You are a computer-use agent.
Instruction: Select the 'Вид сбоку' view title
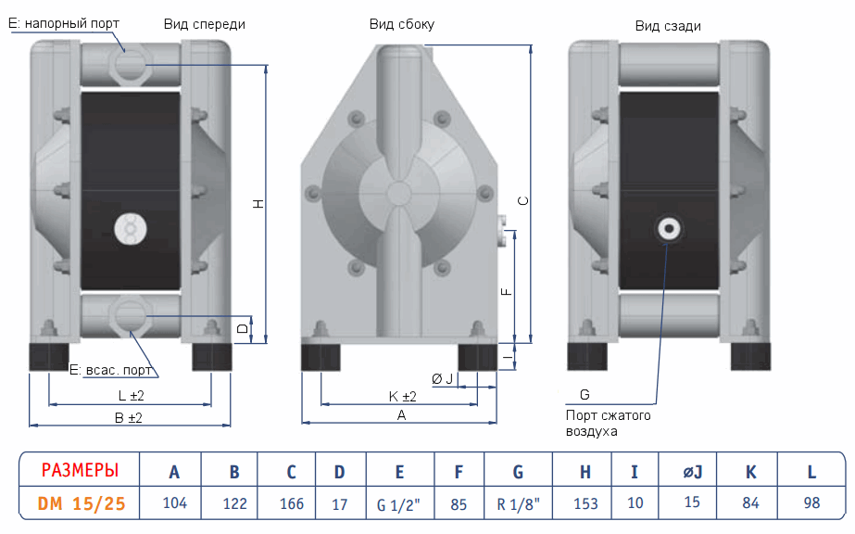point(401,24)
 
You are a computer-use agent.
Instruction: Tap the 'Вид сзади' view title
point(668,26)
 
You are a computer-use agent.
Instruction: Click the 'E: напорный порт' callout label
point(65,22)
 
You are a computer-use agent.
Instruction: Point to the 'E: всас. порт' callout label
point(111,370)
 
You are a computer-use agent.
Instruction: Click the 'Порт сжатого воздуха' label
point(608,424)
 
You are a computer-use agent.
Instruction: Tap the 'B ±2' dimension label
point(128,418)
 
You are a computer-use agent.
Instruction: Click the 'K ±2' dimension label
point(402,397)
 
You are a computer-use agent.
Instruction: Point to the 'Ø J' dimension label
point(443,378)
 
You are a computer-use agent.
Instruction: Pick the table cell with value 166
point(291,504)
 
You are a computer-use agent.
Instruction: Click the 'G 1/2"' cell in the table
point(399,505)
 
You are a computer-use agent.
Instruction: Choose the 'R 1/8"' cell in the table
point(518,505)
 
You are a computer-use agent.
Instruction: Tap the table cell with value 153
point(585,504)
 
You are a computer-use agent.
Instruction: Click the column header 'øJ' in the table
point(693,472)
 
